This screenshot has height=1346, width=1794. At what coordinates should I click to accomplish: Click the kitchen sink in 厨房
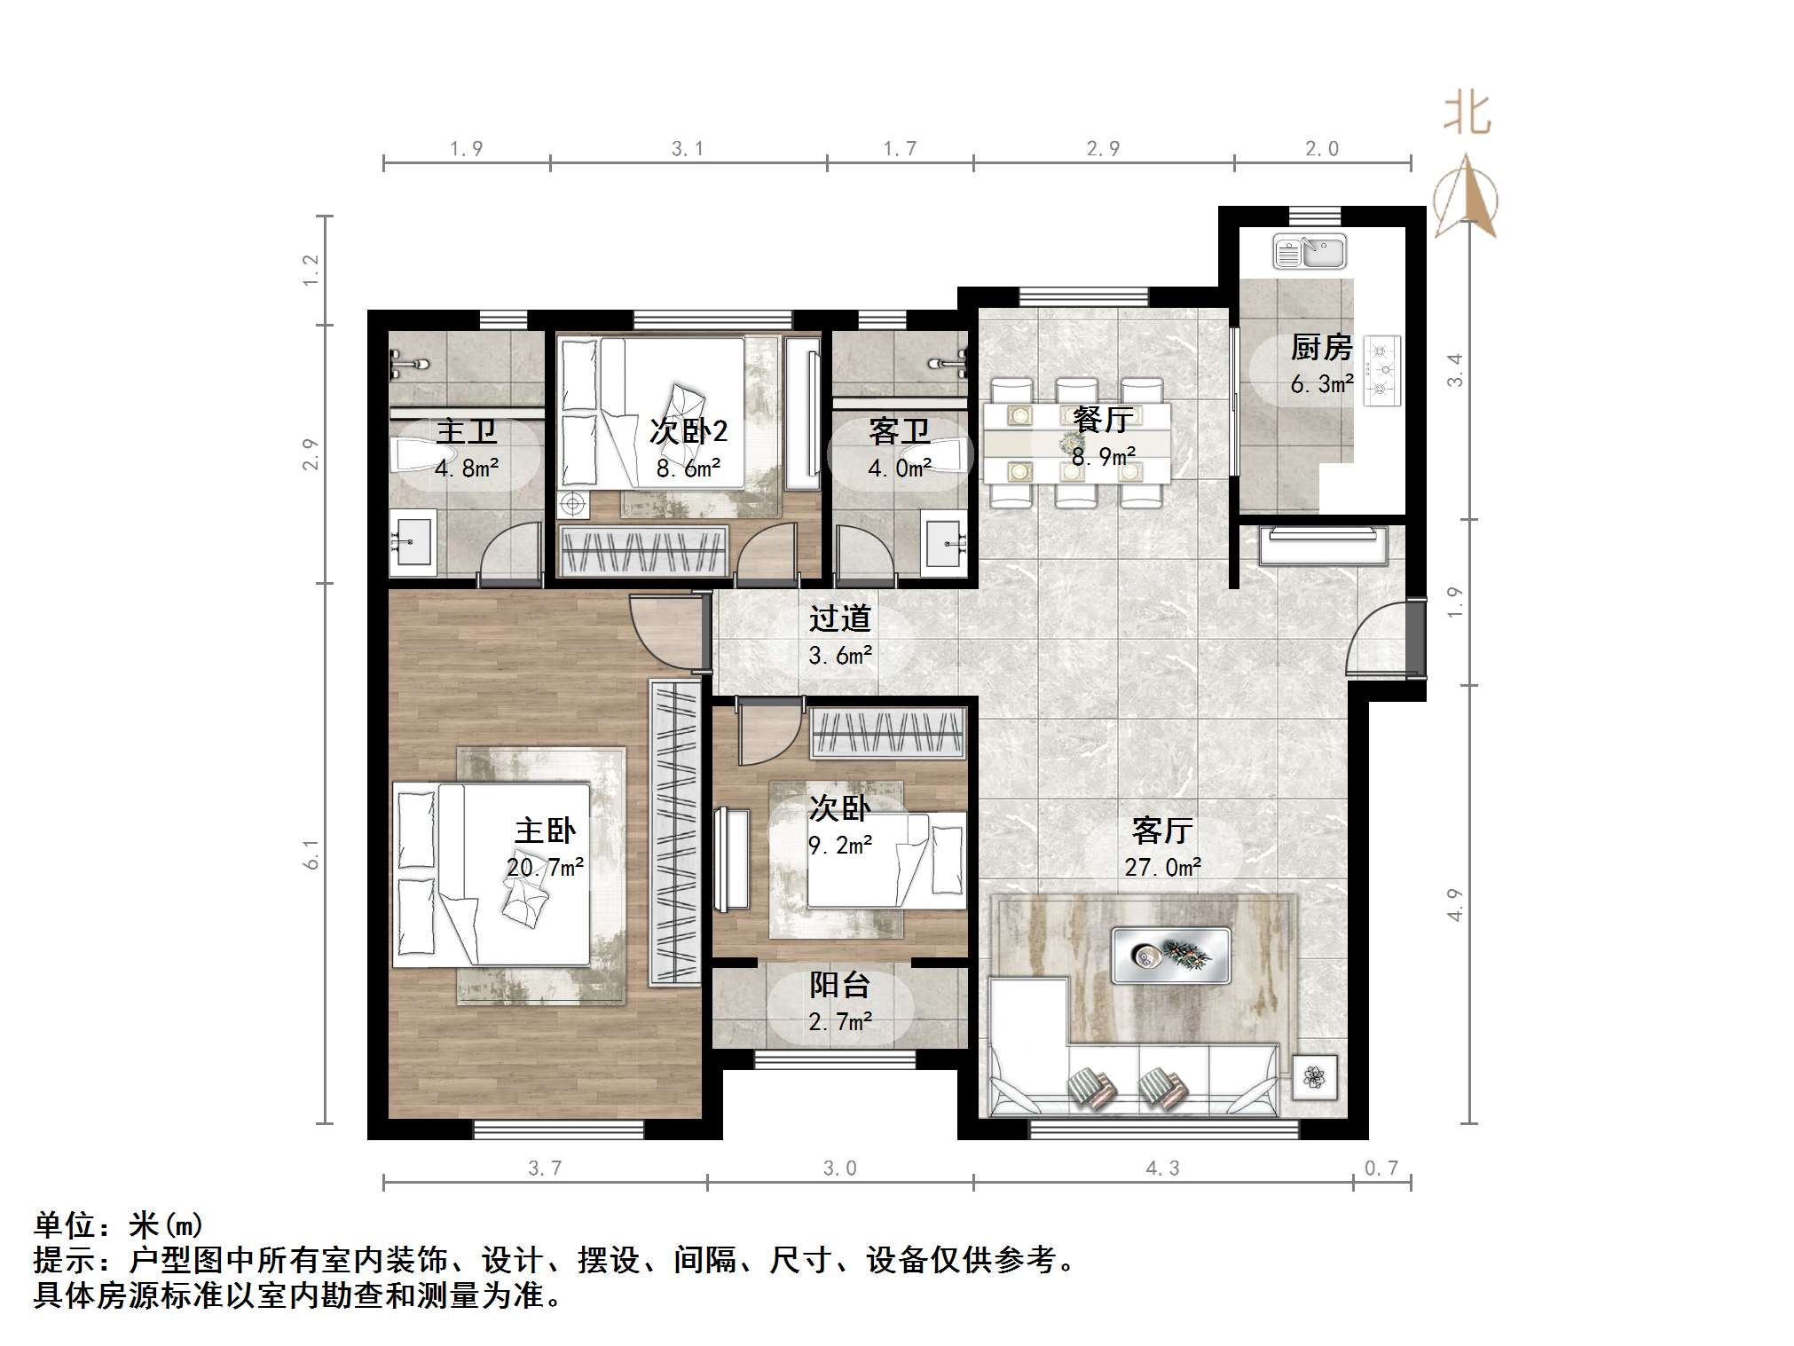(x=1310, y=251)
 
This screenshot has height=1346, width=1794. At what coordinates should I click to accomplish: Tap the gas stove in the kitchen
(x=1381, y=370)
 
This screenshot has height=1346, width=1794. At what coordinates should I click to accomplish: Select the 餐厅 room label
(x=1103, y=419)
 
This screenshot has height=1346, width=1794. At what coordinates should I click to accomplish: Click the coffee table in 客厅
(x=1170, y=955)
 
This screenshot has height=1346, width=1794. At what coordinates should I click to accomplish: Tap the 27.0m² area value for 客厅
(x=1162, y=867)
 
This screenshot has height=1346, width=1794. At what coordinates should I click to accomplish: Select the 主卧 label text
(x=545, y=830)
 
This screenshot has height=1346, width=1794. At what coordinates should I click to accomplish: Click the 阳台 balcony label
(x=839, y=985)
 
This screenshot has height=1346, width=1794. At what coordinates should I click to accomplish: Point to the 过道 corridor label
(x=839, y=618)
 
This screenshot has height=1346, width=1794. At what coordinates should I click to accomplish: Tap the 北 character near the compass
(x=1467, y=115)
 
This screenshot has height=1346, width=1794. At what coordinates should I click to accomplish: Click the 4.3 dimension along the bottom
(x=1162, y=1169)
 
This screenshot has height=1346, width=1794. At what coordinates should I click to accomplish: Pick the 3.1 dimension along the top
(x=688, y=149)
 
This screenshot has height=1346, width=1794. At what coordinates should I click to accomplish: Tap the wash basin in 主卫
(x=413, y=539)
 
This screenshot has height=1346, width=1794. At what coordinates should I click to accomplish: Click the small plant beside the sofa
(x=1315, y=1077)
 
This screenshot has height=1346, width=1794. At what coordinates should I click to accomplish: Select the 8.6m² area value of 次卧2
(x=688, y=468)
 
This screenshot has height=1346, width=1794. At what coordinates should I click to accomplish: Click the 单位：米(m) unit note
(x=119, y=1225)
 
